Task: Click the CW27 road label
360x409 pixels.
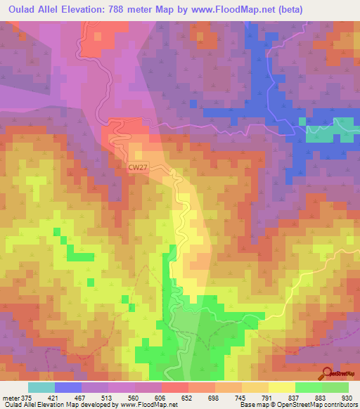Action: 138,167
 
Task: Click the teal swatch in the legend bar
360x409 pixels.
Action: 41,387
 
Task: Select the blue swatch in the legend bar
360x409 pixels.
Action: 68,387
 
